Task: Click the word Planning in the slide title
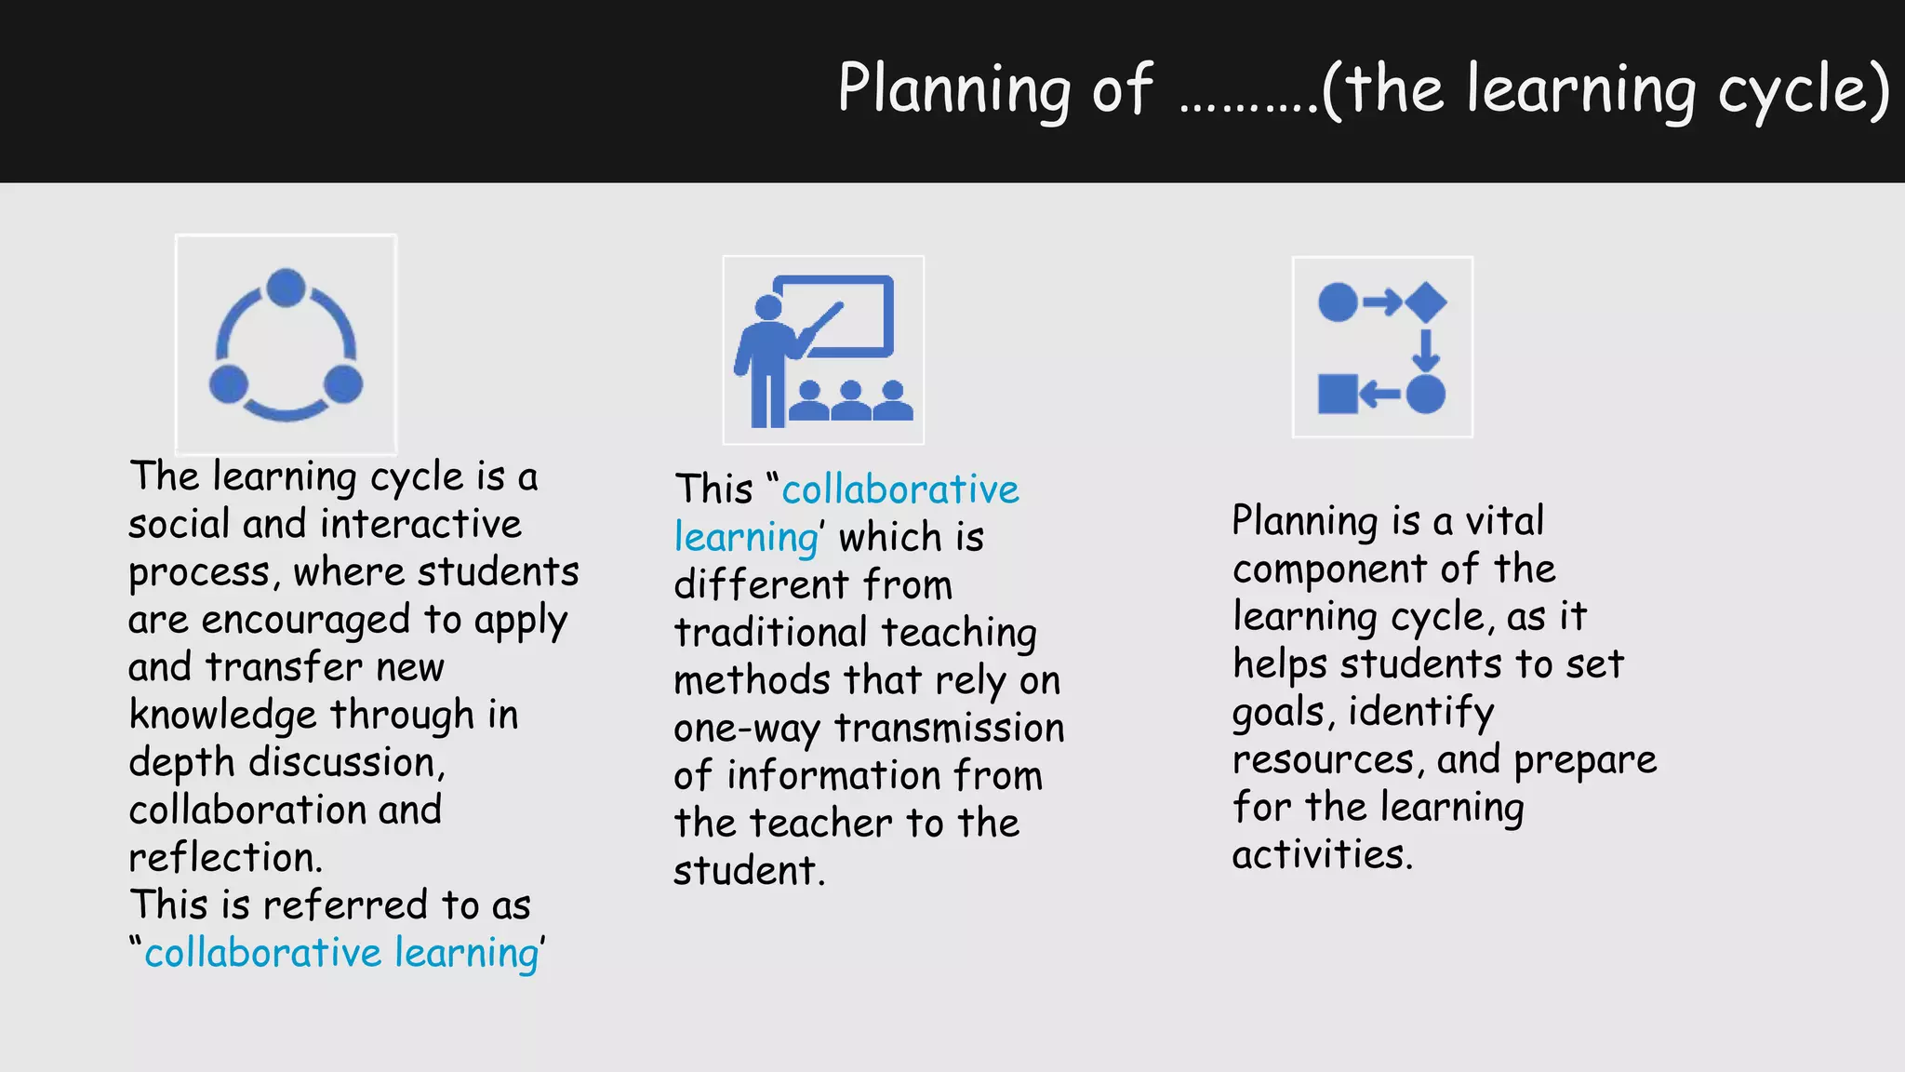click(x=954, y=89)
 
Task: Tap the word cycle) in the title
click(x=1804, y=89)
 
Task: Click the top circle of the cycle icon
click(x=286, y=288)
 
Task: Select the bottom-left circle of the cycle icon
click(x=229, y=383)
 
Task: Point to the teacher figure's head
click(x=768, y=307)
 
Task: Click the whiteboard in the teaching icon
click(x=837, y=315)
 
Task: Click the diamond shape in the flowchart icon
click(x=1426, y=301)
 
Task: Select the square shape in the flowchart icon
click(x=1338, y=394)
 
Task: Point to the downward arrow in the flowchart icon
click(x=1425, y=350)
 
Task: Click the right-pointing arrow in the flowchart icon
click(x=1382, y=301)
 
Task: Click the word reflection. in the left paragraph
click(x=225, y=857)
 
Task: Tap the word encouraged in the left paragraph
click(x=306, y=620)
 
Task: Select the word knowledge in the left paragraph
click(x=223, y=716)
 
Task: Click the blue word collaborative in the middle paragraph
click(x=900, y=489)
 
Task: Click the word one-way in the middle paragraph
click(x=746, y=729)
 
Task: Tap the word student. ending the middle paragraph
click(x=749, y=871)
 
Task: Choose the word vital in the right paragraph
click(x=1504, y=520)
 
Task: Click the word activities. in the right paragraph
click(x=1322, y=854)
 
